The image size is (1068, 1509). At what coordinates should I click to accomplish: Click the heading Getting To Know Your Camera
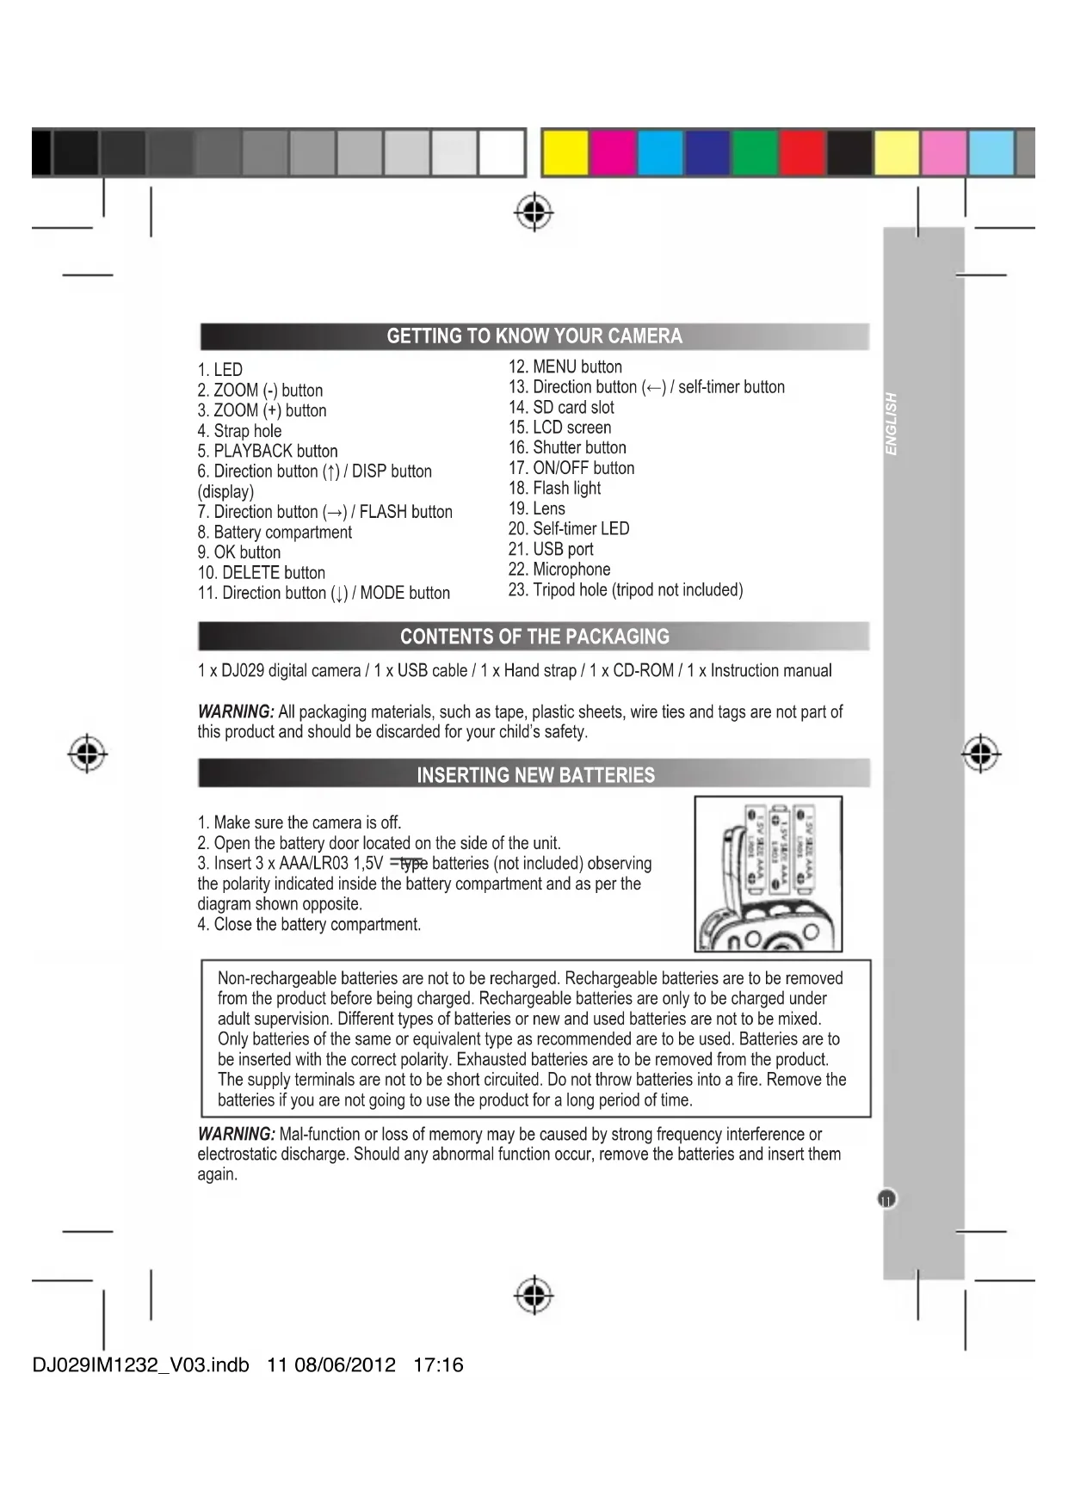tap(534, 336)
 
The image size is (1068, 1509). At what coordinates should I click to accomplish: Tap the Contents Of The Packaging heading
tap(534, 637)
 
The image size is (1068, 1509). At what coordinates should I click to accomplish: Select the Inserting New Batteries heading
tap(535, 775)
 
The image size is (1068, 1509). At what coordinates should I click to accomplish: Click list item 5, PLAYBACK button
tap(268, 452)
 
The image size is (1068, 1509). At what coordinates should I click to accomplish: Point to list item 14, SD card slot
tap(561, 408)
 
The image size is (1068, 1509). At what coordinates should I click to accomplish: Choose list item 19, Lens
tap(537, 508)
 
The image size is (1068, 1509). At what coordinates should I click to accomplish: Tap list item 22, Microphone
tap(559, 570)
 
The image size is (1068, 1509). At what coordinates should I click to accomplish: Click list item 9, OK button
tap(239, 552)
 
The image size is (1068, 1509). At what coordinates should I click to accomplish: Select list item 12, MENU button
tap(565, 367)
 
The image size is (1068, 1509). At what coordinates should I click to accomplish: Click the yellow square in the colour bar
tap(565, 153)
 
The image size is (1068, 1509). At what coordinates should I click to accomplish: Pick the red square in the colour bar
tap(802, 153)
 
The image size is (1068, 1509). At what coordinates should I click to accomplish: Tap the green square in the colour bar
tap(755, 153)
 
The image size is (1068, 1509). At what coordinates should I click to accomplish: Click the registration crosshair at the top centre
tap(534, 212)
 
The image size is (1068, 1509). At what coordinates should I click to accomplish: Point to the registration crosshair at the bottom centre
tap(534, 1294)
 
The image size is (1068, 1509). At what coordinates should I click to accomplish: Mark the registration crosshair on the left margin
tap(87, 754)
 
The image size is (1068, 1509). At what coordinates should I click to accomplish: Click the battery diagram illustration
tap(769, 874)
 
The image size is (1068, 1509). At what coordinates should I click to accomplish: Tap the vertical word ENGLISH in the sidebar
tap(892, 424)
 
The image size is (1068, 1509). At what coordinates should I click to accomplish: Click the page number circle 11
tap(886, 1199)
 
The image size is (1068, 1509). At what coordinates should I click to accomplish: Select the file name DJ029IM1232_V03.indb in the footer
tap(141, 1365)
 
